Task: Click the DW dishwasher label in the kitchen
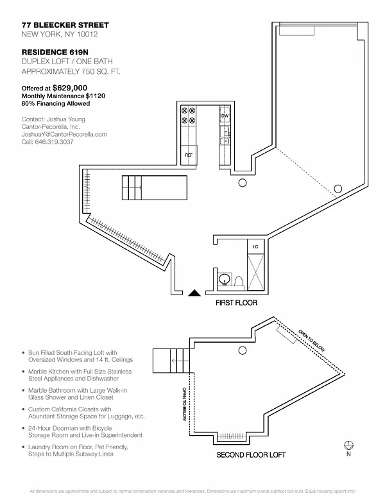point(225,116)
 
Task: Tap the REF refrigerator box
point(189,155)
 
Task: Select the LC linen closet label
point(255,246)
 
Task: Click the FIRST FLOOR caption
point(236,303)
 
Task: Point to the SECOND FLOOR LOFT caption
point(250,454)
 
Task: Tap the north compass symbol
point(349,444)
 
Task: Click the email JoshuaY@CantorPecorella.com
point(64,134)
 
